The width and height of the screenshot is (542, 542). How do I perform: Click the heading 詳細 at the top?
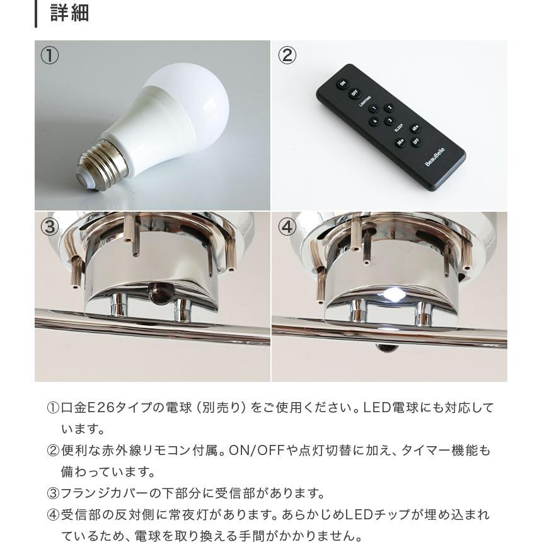coord(69,13)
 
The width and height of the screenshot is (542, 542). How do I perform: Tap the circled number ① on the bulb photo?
coord(50,55)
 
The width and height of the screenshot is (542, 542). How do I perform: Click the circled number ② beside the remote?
coord(287,55)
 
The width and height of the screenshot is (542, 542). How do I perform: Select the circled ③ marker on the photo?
coord(50,226)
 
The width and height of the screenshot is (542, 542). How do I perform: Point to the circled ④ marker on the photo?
coord(287,226)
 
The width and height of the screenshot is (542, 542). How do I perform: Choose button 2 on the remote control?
coord(389,108)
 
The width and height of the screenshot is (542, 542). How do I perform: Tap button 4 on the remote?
coord(374,122)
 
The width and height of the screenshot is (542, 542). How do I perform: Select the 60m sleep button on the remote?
coord(415,129)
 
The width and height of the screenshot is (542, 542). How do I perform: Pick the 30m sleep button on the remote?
coord(400,142)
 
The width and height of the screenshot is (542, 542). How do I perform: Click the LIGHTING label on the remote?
coord(365,101)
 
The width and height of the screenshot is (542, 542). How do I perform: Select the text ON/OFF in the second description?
coord(255,451)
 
